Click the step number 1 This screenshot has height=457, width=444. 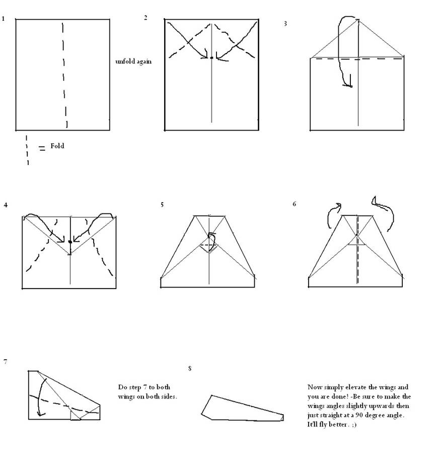click(x=3, y=19)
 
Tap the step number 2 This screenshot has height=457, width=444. click(x=145, y=18)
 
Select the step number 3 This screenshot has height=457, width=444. click(x=285, y=24)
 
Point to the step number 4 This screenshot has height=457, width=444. click(x=6, y=205)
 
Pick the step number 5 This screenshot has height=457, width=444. click(x=162, y=205)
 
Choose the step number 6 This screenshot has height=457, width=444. click(x=294, y=204)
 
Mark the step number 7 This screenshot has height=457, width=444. click(x=6, y=362)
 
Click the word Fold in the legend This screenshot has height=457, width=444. click(x=57, y=146)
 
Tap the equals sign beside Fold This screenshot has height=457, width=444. click(x=42, y=148)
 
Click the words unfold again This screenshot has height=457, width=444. click(x=133, y=62)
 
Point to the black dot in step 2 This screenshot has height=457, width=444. click(x=211, y=58)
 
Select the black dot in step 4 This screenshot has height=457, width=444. click(x=70, y=242)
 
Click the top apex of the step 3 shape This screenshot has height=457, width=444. click(x=358, y=20)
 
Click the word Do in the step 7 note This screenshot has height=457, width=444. click(x=122, y=387)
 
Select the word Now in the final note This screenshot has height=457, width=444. click(x=314, y=387)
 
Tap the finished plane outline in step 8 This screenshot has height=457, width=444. click(x=211, y=395)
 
